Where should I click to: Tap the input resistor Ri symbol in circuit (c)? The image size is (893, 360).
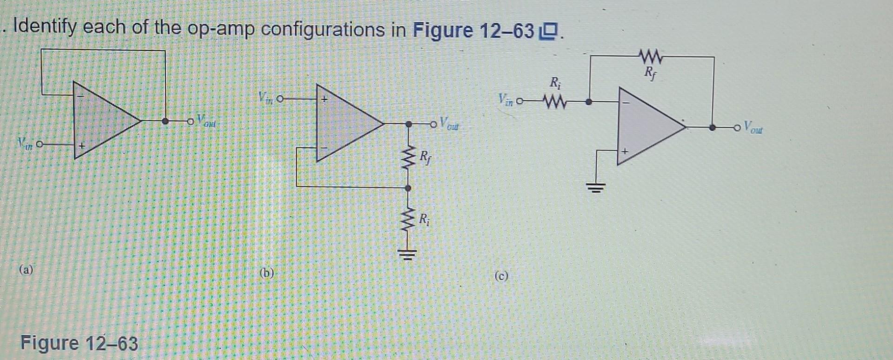554,102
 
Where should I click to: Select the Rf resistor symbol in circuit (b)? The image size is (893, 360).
409,156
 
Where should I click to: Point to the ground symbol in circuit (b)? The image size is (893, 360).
407,254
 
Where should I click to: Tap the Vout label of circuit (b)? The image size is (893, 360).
449,123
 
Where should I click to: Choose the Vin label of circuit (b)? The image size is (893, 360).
266,98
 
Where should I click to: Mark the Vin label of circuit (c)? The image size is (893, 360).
506,100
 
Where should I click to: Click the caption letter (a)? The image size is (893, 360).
26,270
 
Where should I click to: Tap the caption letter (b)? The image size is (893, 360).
267,273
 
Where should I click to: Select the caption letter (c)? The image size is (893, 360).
501,276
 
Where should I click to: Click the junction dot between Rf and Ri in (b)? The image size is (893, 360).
408,188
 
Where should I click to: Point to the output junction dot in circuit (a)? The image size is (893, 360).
165,121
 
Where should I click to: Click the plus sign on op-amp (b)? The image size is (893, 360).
325,99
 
